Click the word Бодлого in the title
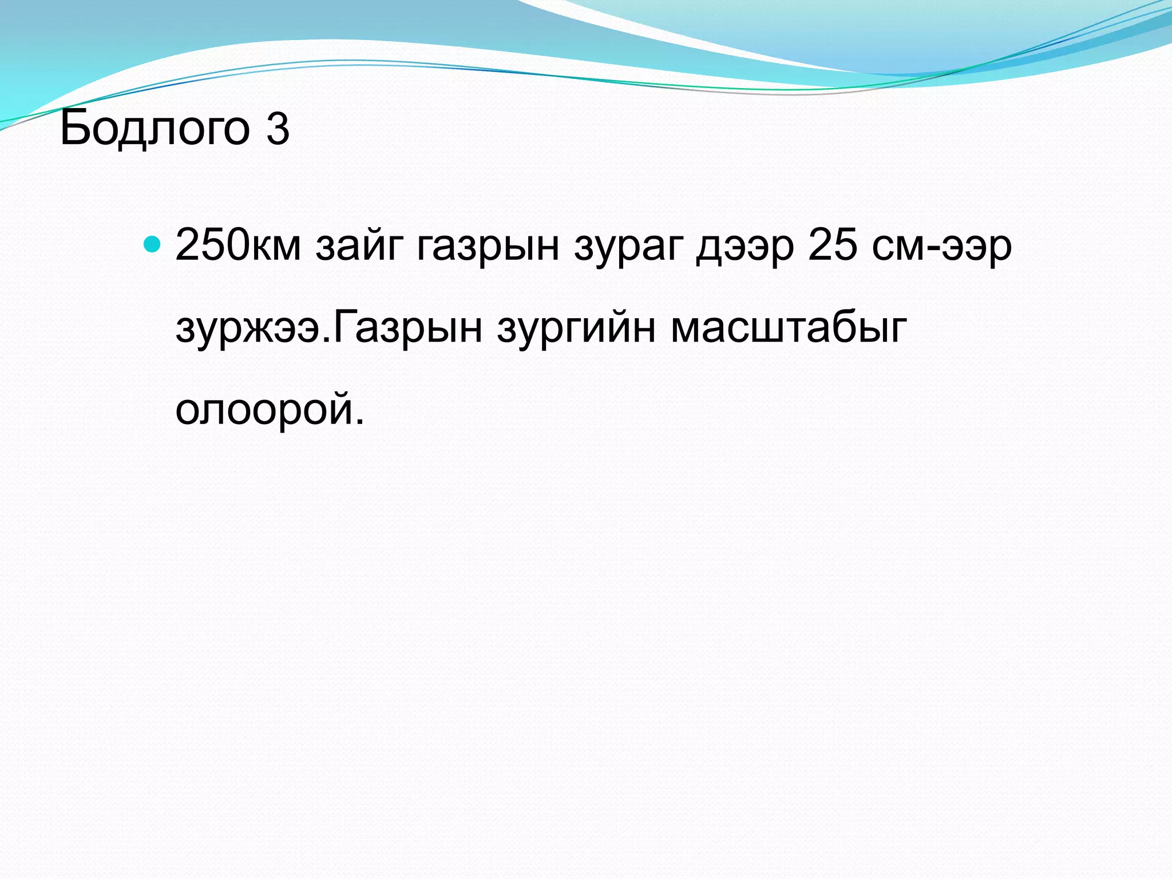pos(155,128)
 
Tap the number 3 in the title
pos(278,128)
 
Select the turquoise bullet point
pos(152,244)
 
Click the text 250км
pos(237,245)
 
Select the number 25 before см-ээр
pos(833,245)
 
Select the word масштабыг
pos(789,328)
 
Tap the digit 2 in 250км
pos(188,245)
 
